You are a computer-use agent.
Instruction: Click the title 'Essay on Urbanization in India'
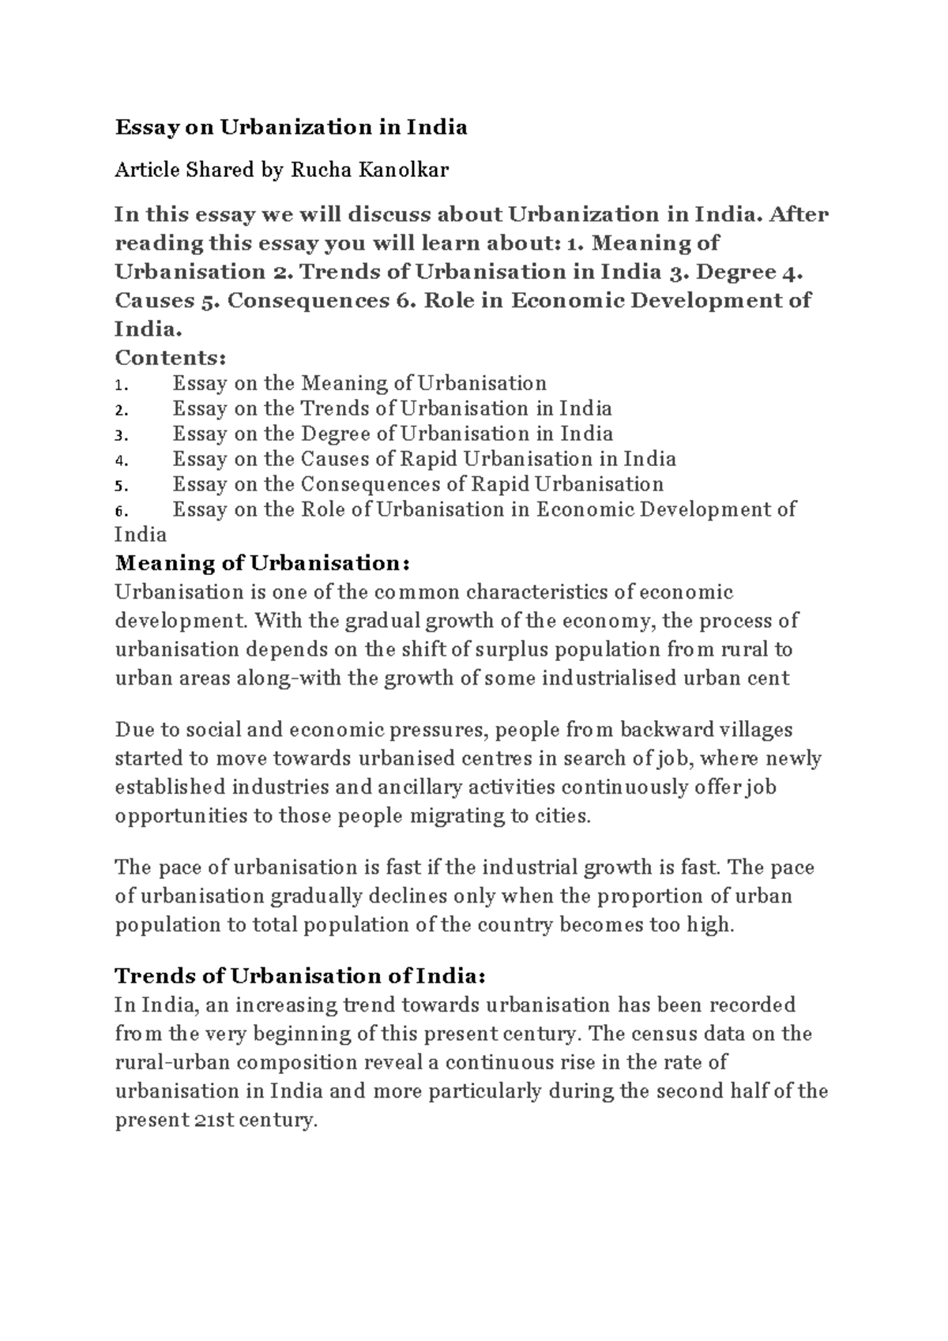(x=291, y=127)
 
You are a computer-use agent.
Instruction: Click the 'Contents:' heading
(x=171, y=358)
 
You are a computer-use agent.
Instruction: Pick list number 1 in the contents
(x=120, y=385)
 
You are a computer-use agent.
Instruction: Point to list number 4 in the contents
(x=120, y=460)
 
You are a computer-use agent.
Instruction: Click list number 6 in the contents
(x=120, y=511)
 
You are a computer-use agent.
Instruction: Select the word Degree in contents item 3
(x=337, y=434)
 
